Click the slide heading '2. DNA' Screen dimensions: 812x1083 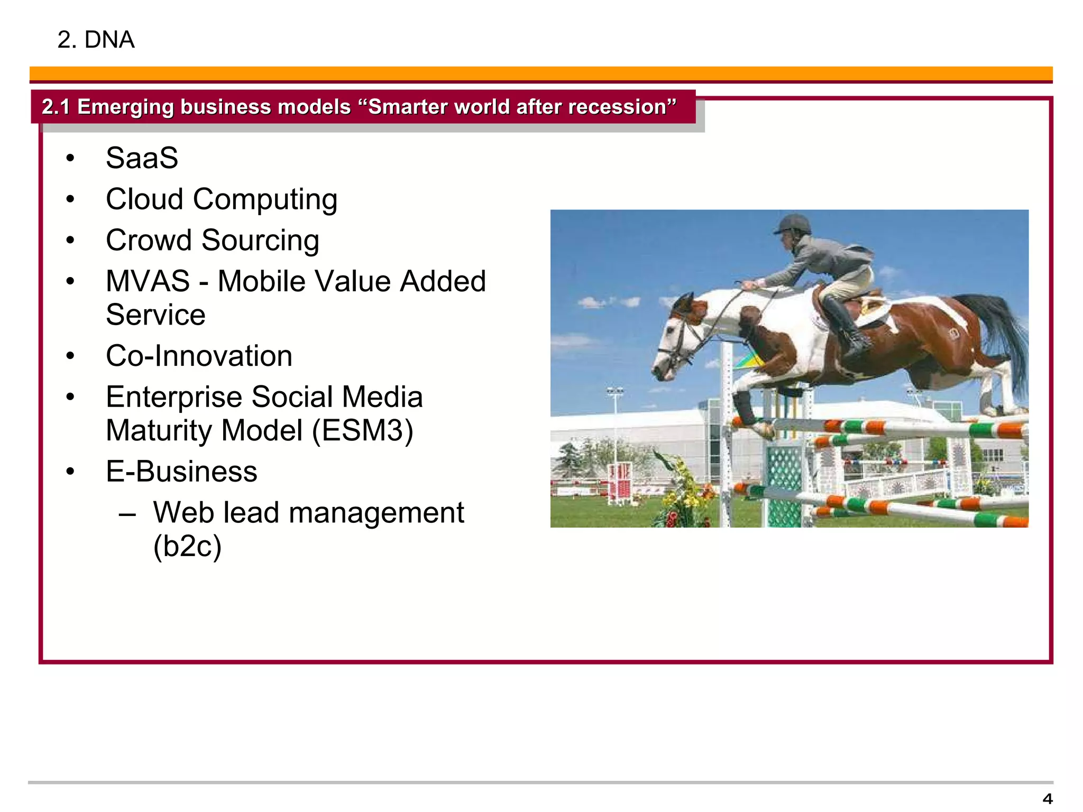pyautogui.click(x=96, y=40)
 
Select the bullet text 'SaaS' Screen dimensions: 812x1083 pyautogui.click(x=142, y=158)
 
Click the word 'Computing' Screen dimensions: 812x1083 pyautogui.click(x=265, y=199)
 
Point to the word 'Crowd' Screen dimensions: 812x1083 pyautogui.click(x=149, y=240)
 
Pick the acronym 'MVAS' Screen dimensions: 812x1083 pyautogui.click(x=148, y=281)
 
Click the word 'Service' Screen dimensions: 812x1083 pyautogui.click(x=155, y=315)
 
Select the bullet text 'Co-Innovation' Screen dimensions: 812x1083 pyautogui.click(x=199, y=356)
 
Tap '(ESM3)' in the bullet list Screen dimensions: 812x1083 pyautogui.click(x=362, y=430)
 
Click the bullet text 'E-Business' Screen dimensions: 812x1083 pyautogui.click(x=181, y=471)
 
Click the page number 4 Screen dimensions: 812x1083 pyautogui.click(x=1047, y=798)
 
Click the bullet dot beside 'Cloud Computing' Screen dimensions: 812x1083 pyautogui.click(x=70, y=199)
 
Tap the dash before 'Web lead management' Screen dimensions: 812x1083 pyautogui.click(x=127, y=514)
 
